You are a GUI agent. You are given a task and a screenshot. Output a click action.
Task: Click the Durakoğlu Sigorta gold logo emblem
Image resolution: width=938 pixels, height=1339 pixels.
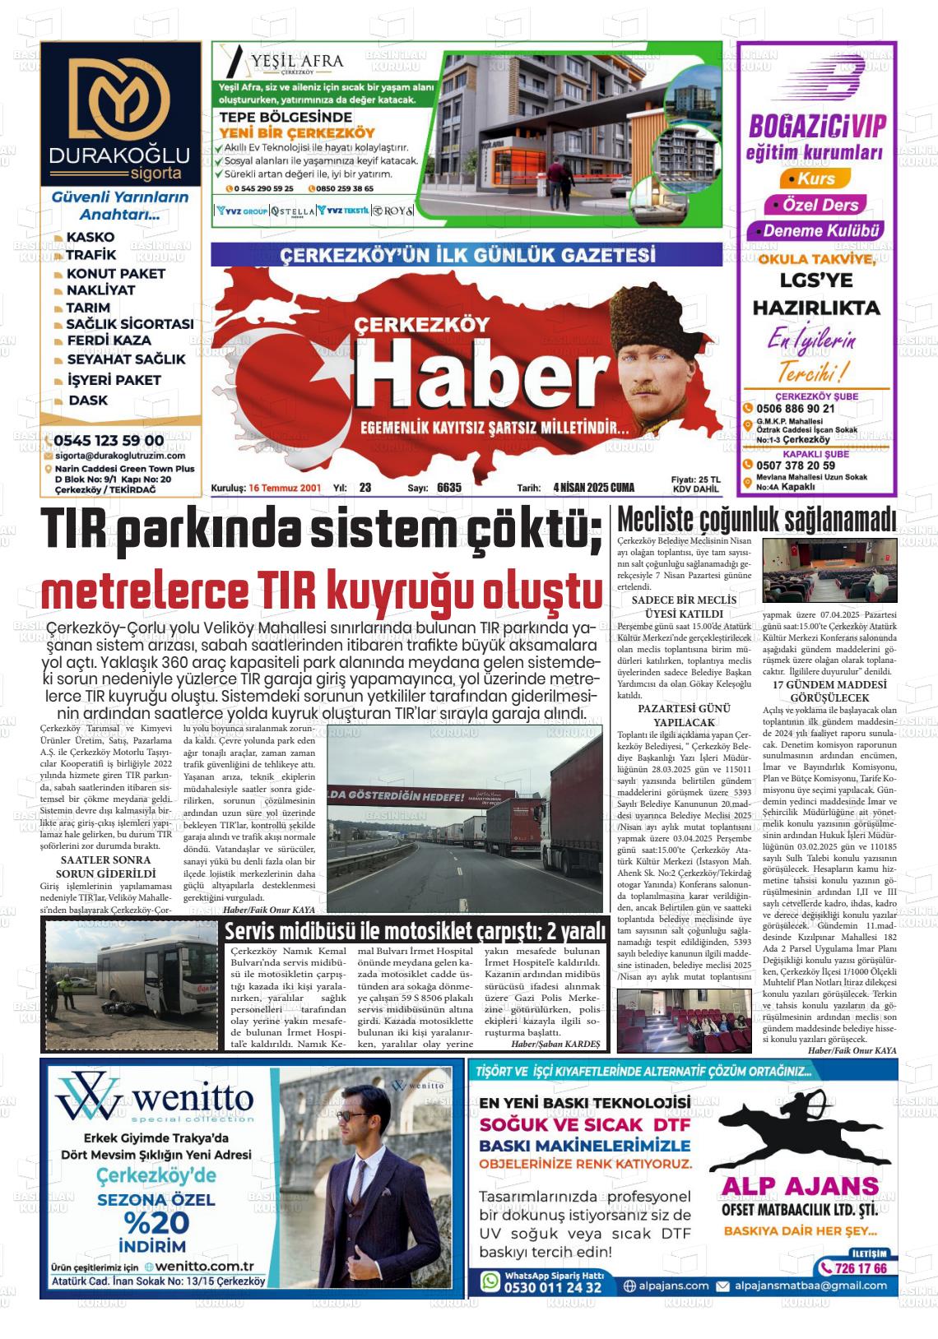(120, 97)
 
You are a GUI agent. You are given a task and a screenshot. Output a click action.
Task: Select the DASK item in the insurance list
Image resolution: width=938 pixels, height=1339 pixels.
(88, 401)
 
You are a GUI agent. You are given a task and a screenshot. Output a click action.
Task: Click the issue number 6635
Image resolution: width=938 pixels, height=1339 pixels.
(449, 488)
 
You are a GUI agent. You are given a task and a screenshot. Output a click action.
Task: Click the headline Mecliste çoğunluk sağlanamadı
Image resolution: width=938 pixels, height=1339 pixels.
(756, 520)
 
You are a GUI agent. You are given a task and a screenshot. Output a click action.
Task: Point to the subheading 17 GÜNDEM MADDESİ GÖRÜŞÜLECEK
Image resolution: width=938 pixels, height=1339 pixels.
(818, 691)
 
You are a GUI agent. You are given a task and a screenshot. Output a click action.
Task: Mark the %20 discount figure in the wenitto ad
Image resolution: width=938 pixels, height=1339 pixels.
(157, 1221)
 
